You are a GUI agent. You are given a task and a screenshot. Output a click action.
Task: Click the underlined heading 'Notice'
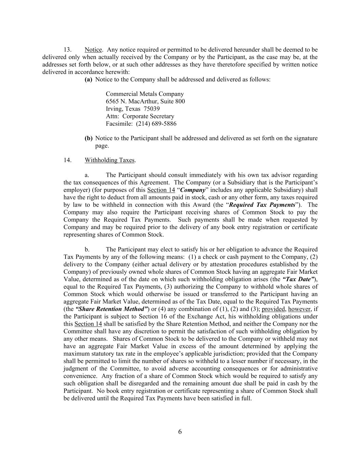tap(93, 50)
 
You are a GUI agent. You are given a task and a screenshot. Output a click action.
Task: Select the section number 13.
tap(67, 50)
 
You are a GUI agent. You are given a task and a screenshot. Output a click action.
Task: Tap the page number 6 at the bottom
tap(180, 432)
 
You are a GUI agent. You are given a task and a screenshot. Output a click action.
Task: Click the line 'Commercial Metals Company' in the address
tap(145, 94)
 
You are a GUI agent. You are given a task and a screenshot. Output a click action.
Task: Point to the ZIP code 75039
tap(152, 109)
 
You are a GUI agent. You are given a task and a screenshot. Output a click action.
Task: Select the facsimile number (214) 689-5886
tap(156, 124)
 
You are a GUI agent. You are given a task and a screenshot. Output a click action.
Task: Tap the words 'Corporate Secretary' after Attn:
tap(148, 116)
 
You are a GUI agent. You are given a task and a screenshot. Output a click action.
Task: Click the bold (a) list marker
tap(88, 80)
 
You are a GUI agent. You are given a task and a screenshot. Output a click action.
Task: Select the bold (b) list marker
tap(88, 138)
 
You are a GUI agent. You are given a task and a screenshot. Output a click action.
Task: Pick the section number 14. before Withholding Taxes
tap(67, 160)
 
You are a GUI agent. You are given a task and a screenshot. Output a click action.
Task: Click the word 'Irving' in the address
tap(114, 109)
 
